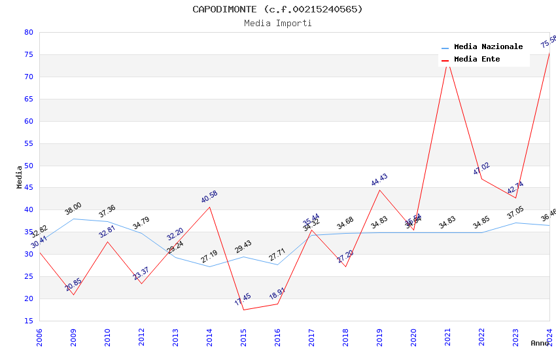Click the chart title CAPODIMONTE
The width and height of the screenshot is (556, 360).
click(277, 9)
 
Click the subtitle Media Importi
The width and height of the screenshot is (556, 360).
click(277, 24)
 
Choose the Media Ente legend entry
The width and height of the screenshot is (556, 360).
click(476, 60)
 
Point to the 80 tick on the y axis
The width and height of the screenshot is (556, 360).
click(28, 33)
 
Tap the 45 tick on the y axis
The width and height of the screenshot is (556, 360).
click(28, 188)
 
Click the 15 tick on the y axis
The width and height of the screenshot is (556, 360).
click(28, 321)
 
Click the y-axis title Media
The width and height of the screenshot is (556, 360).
click(20, 177)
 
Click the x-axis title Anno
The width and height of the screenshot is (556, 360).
click(540, 343)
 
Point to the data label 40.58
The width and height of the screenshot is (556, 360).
click(209, 196)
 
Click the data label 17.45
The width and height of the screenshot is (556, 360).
click(243, 299)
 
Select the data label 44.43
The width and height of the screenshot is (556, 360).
click(379, 180)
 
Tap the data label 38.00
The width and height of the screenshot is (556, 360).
click(73, 209)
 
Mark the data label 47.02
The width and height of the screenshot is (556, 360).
click(481, 169)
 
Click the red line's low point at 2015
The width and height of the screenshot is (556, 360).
click(243, 310)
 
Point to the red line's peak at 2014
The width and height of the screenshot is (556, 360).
click(209, 207)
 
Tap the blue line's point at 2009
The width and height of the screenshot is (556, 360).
click(73, 219)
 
